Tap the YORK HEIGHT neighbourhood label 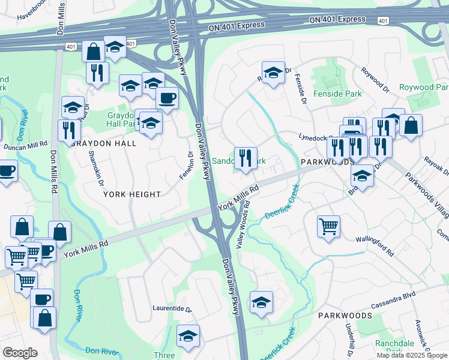132,194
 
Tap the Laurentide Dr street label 171,310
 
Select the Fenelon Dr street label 185,166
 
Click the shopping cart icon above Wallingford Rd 328,226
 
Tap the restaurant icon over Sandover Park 245,158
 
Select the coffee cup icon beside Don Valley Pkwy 167,97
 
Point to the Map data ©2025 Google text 411,355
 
